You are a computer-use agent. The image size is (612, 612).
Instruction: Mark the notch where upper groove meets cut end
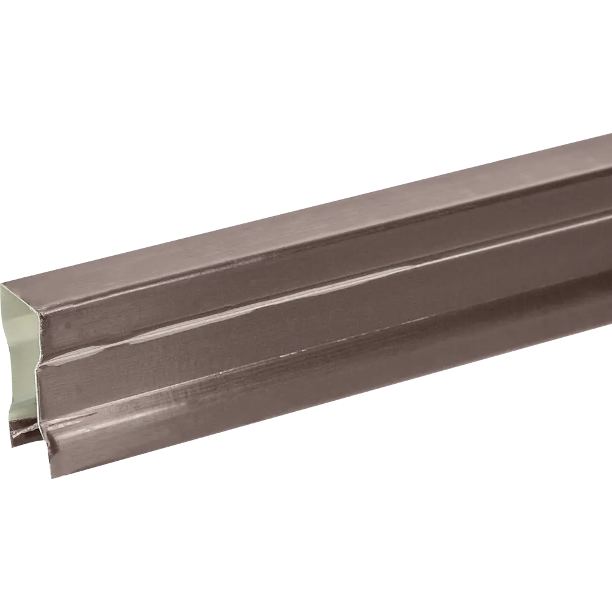coord(40,367)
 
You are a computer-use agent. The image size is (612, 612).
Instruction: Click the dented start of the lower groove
coord(52,436)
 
